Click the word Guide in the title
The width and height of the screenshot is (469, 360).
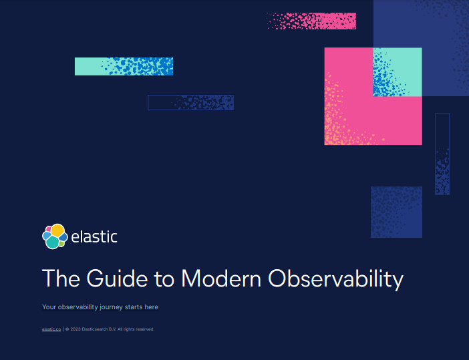pos(117,278)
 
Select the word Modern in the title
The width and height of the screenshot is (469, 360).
pos(221,278)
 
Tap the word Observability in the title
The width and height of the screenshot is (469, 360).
pos(335,279)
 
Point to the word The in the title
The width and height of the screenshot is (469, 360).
pos(61,278)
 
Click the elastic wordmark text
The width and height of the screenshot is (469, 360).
pos(94,237)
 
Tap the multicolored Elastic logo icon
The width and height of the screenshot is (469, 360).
pos(55,236)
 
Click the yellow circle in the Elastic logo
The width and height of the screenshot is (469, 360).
pos(57,230)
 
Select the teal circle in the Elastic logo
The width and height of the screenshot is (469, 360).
pos(53,242)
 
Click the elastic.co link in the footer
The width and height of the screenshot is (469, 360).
pos(51,329)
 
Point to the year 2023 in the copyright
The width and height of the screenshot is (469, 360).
pos(75,329)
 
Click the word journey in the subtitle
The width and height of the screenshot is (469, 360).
pos(112,307)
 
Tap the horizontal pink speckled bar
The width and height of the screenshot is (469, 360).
pos(311,21)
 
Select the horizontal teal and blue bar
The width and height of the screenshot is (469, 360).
pos(124,66)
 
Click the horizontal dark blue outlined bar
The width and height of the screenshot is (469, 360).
pos(191,103)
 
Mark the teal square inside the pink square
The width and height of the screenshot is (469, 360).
pos(398,72)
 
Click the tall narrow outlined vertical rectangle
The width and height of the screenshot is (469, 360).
pos(442,154)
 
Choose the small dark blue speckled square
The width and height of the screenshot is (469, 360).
pos(396,212)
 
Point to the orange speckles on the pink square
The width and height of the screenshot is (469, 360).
pos(338,120)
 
